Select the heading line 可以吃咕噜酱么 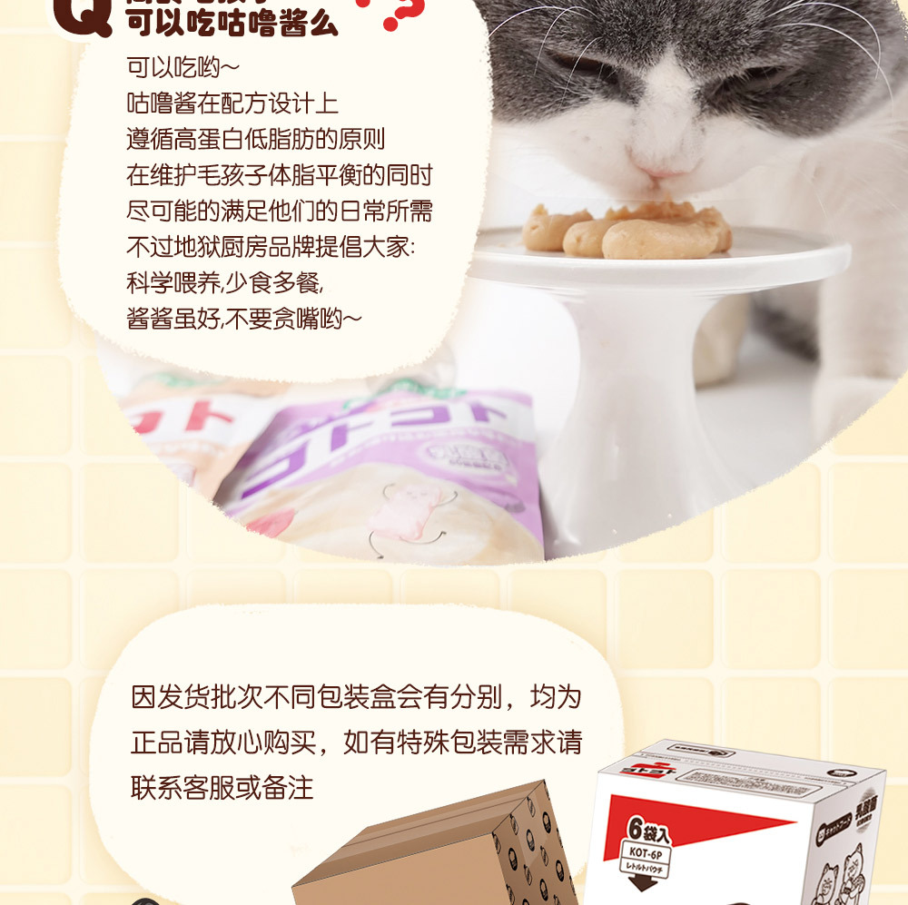coord(232,24)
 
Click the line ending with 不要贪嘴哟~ coord(244,319)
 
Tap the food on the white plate coord(627,231)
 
